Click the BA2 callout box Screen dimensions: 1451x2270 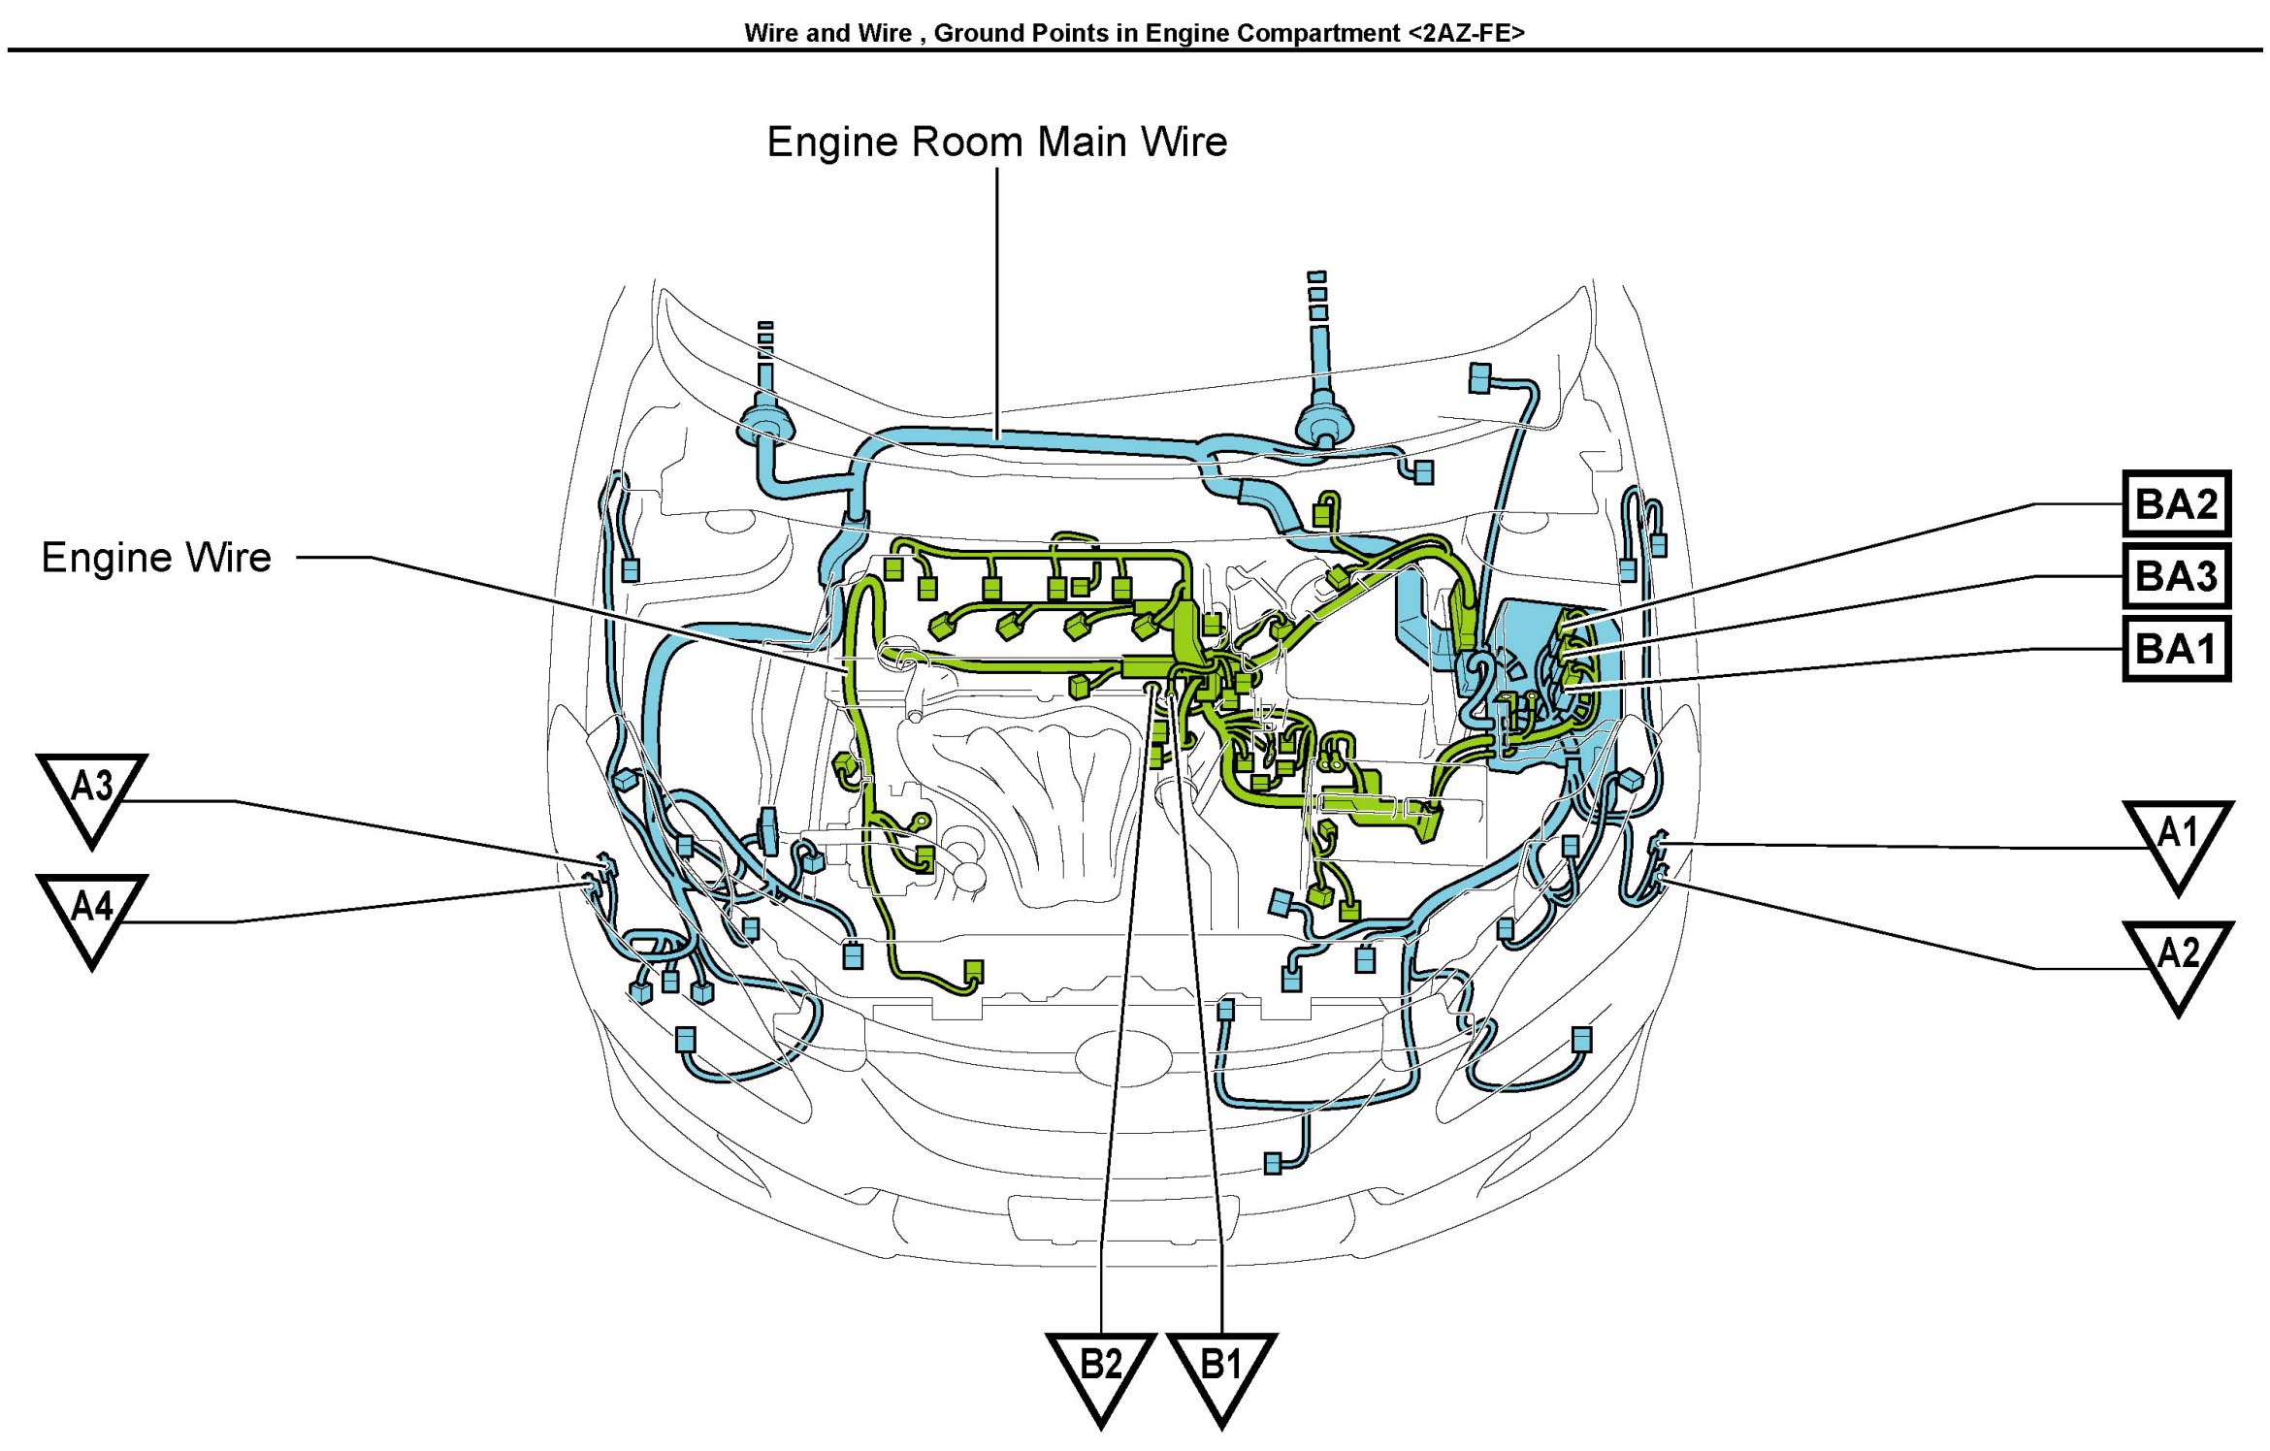pyautogui.click(x=2176, y=504)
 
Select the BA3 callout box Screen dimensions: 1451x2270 pyautogui.click(x=2176, y=576)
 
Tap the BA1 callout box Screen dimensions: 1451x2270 pyautogui.click(x=2176, y=649)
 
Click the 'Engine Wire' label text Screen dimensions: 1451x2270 pyautogui.click(x=156, y=558)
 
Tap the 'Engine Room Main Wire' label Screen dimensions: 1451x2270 pyautogui.click(x=996, y=143)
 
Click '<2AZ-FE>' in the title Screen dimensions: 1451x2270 pyautogui.click(x=1466, y=33)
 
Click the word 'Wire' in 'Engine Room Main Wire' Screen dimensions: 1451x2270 pyautogui.click(x=1184, y=143)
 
